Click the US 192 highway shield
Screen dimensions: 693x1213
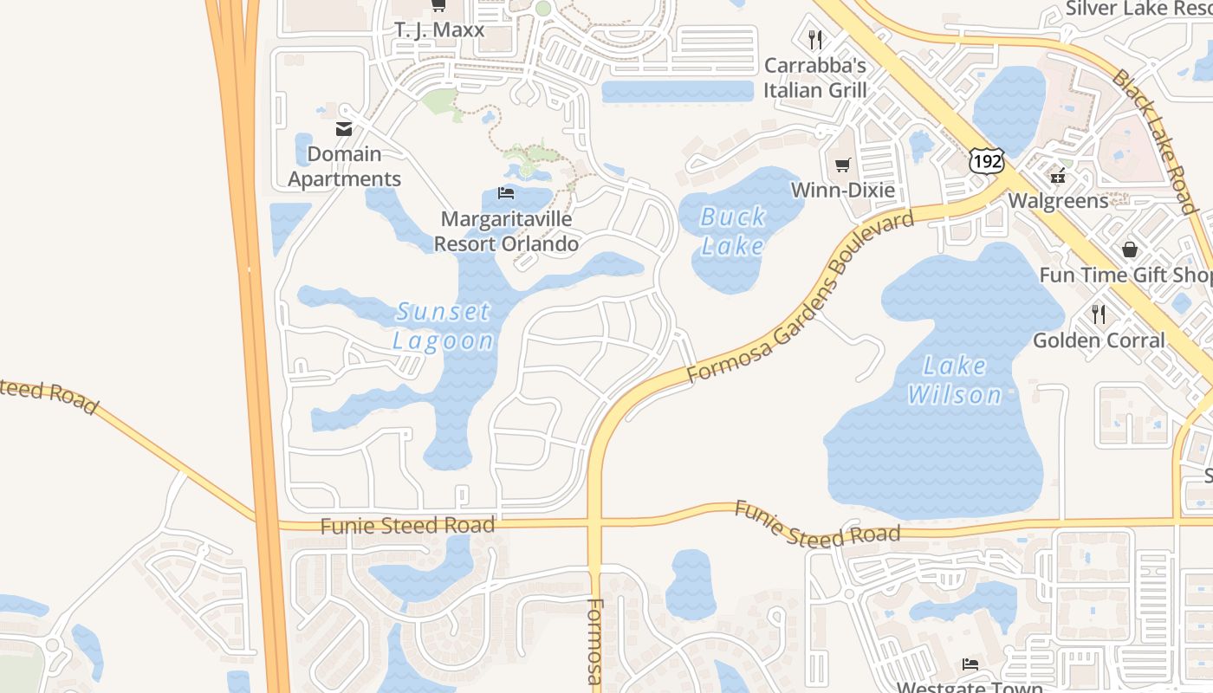pyautogui.click(x=987, y=159)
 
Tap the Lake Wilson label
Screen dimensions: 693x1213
pyautogui.click(x=955, y=380)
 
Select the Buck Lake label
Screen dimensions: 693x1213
pyautogui.click(x=733, y=231)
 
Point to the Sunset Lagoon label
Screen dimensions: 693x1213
pyautogui.click(x=443, y=326)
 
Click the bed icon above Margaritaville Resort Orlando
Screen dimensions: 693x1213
pyautogui.click(x=506, y=192)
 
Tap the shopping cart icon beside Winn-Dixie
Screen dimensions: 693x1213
pyautogui.click(x=842, y=165)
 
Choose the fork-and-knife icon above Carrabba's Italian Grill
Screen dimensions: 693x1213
pyautogui.click(x=814, y=39)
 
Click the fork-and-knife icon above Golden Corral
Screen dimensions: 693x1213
pyautogui.click(x=1099, y=314)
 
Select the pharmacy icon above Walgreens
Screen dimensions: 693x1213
pyautogui.click(x=1057, y=176)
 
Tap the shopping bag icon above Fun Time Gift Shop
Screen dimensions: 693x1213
pyautogui.click(x=1130, y=249)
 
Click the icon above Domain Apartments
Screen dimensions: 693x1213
pyautogui.click(x=344, y=129)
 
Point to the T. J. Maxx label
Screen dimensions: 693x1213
pyautogui.click(x=439, y=29)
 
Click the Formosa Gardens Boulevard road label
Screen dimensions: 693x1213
pyautogui.click(x=801, y=297)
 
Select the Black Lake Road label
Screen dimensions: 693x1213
pyautogui.click(x=1155, y=141)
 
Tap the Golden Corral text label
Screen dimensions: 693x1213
pyautogui.click(x=1099, y=340)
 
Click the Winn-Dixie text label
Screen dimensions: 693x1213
pyautogui.click(x=842, y=191)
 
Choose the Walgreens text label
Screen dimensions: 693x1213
pyautogui.click(x=1058, y=201)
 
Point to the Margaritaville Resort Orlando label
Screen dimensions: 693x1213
pyautogui.click(x=506, y=231)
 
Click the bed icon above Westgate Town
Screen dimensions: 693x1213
pyautogui.click(x=970, y=664)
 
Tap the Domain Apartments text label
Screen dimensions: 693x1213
pyautogui.click(x=344, y=166)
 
